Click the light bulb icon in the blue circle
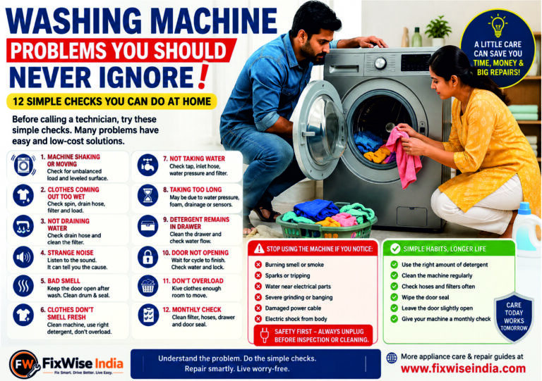(498, 25)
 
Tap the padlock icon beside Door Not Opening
(147, 257)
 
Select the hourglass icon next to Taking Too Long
(147, 196)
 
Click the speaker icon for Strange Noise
(23, 257)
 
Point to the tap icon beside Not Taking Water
(147, 165)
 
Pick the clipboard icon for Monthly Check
(148, 315)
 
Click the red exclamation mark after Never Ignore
(204, 75)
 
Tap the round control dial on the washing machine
(380, 63)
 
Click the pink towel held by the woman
(404, 157)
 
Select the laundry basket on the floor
(326, 220)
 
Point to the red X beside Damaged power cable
(258, 308)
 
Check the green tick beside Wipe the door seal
(394, 297)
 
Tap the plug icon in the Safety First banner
(265, 335)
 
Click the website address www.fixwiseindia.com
(463, 368)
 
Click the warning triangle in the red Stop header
(259, 249)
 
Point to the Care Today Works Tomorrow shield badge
(514, 316)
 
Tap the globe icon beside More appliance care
(392, 358)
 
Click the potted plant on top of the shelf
(438, 31)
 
